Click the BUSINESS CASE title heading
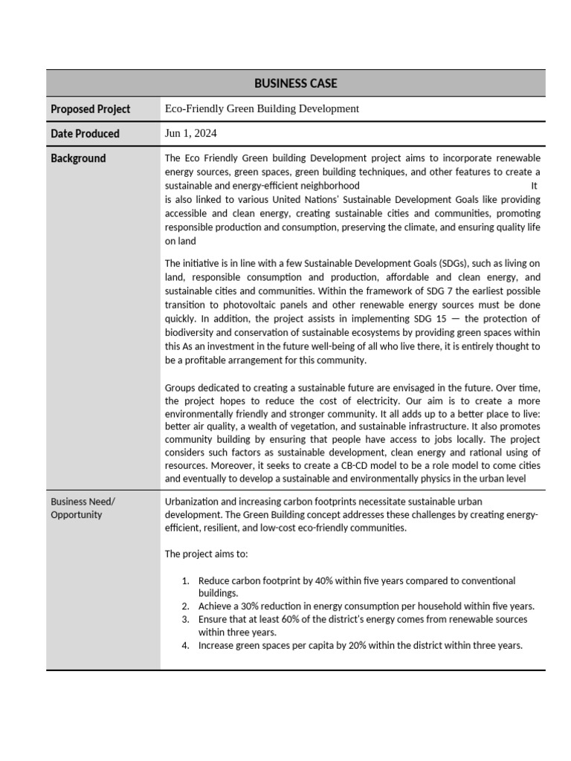point(295,83)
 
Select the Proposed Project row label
point(90,109)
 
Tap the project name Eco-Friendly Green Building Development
point(262,109)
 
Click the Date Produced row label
point(85,134)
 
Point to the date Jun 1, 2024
point(191,134)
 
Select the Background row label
point(78,158)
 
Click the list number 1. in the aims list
point(186,580)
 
